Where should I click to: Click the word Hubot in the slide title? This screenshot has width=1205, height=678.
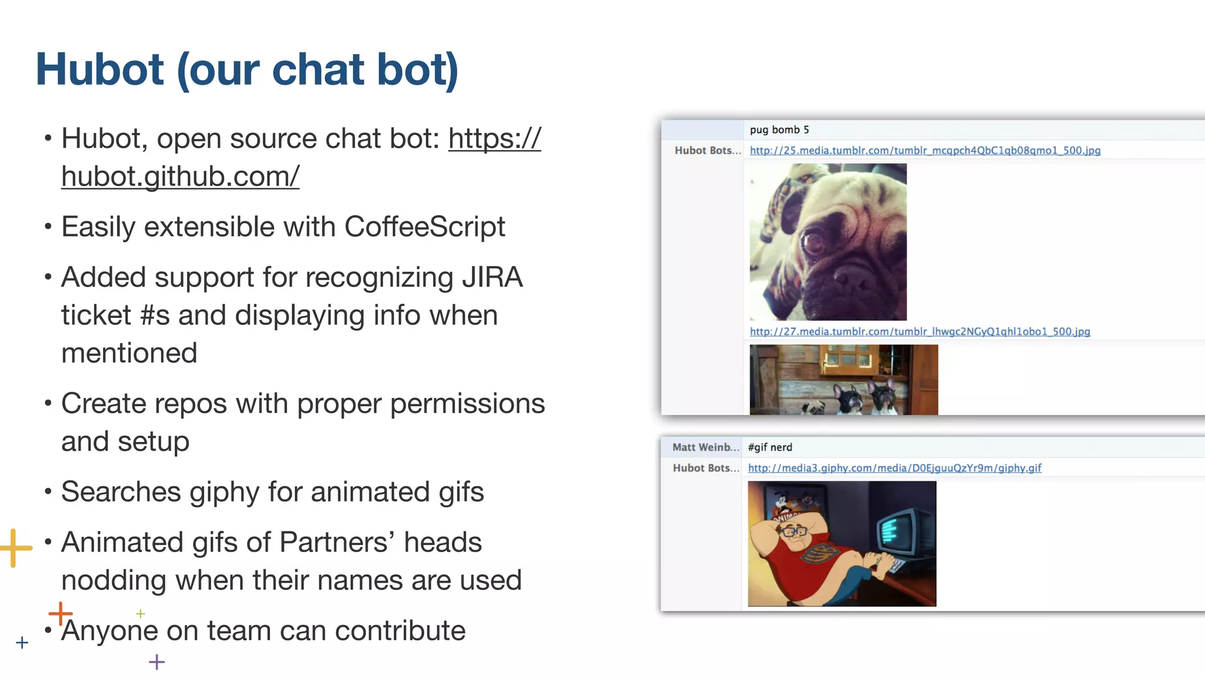[x=99, y=69]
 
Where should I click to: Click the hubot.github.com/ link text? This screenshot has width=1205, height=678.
[x=180, y=176]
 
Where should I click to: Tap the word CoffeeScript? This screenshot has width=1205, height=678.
[x=424, y=227]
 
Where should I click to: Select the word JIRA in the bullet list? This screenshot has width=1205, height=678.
[x=492, y=277]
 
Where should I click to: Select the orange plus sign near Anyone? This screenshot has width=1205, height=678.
[x=60, y=614]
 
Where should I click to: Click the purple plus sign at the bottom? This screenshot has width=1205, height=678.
[x=157, y=662]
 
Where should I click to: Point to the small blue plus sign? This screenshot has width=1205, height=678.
[x=22, y=642]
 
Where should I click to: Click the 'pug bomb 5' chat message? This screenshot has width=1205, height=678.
[x=779, y=129]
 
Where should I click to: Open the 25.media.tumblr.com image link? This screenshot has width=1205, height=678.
[x=924, y=151]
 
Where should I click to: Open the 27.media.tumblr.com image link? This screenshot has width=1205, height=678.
[x=920, y=332]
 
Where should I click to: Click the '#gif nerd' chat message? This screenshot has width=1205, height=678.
[x=770, y=447]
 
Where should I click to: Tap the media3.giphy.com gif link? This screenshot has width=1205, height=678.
[x=894, y=468]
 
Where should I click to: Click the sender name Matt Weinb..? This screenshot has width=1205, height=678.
[x=705, y=447]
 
